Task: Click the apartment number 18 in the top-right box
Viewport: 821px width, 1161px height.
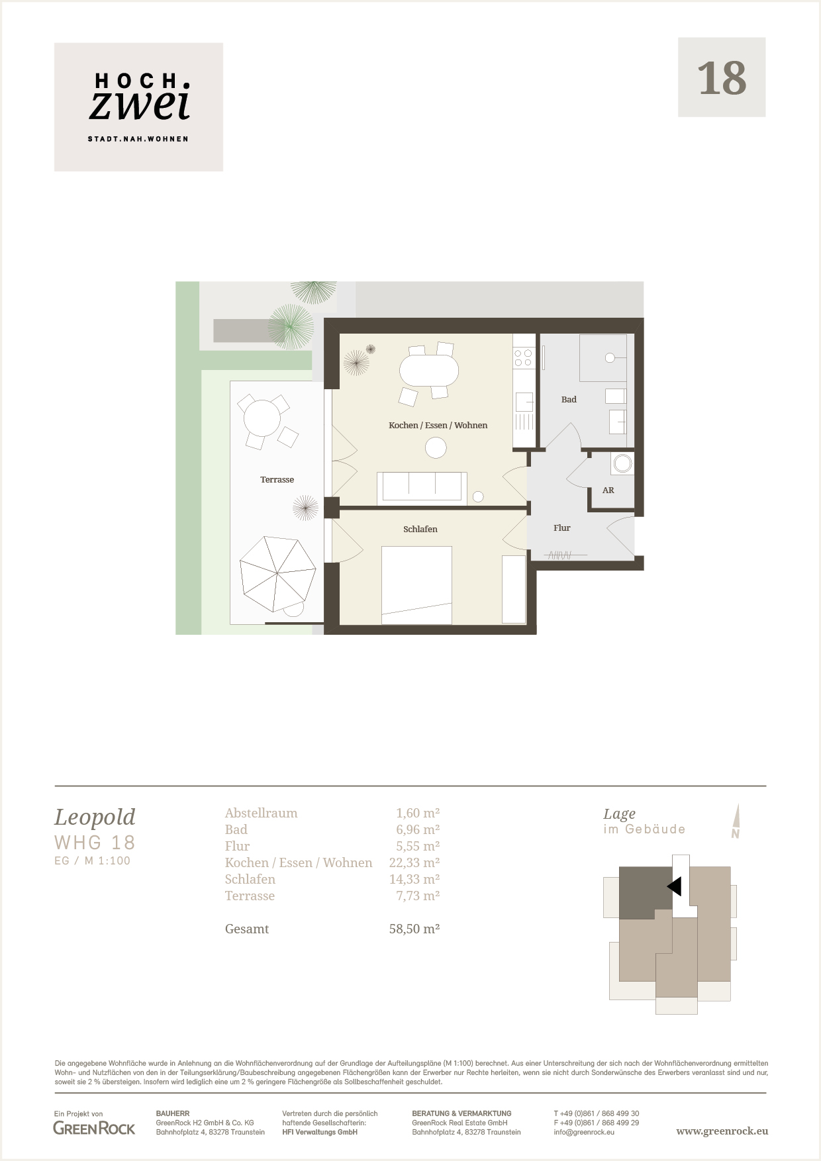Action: (722, 78)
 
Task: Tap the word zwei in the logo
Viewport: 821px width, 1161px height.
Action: (140, 105)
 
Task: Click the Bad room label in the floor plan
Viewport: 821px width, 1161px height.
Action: (569, 399)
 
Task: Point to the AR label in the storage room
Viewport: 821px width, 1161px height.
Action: (608, 490)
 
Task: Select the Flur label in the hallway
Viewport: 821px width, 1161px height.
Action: (562, 528)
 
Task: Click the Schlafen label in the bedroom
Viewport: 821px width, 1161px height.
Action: (420, 529)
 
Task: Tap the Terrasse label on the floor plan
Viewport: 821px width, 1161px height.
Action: (277, 479)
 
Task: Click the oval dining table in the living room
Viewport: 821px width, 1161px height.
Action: (429, 371)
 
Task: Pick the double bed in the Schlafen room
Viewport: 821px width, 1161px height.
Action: (416, 585)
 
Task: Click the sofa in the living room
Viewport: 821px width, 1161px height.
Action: (422, 488)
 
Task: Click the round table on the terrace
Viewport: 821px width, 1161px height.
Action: (262, 418)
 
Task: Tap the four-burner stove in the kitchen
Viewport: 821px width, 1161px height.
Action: (524, 358)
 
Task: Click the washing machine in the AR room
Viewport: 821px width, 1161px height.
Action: (622, 463)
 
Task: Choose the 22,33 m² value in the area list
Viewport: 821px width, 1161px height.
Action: (414, 862)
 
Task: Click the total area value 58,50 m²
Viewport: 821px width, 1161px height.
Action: (414, 929)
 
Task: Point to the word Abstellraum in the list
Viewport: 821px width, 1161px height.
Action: (262, 813)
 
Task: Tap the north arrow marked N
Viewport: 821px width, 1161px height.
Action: (736, 821)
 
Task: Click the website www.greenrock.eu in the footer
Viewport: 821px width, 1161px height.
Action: (722, 1131)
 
